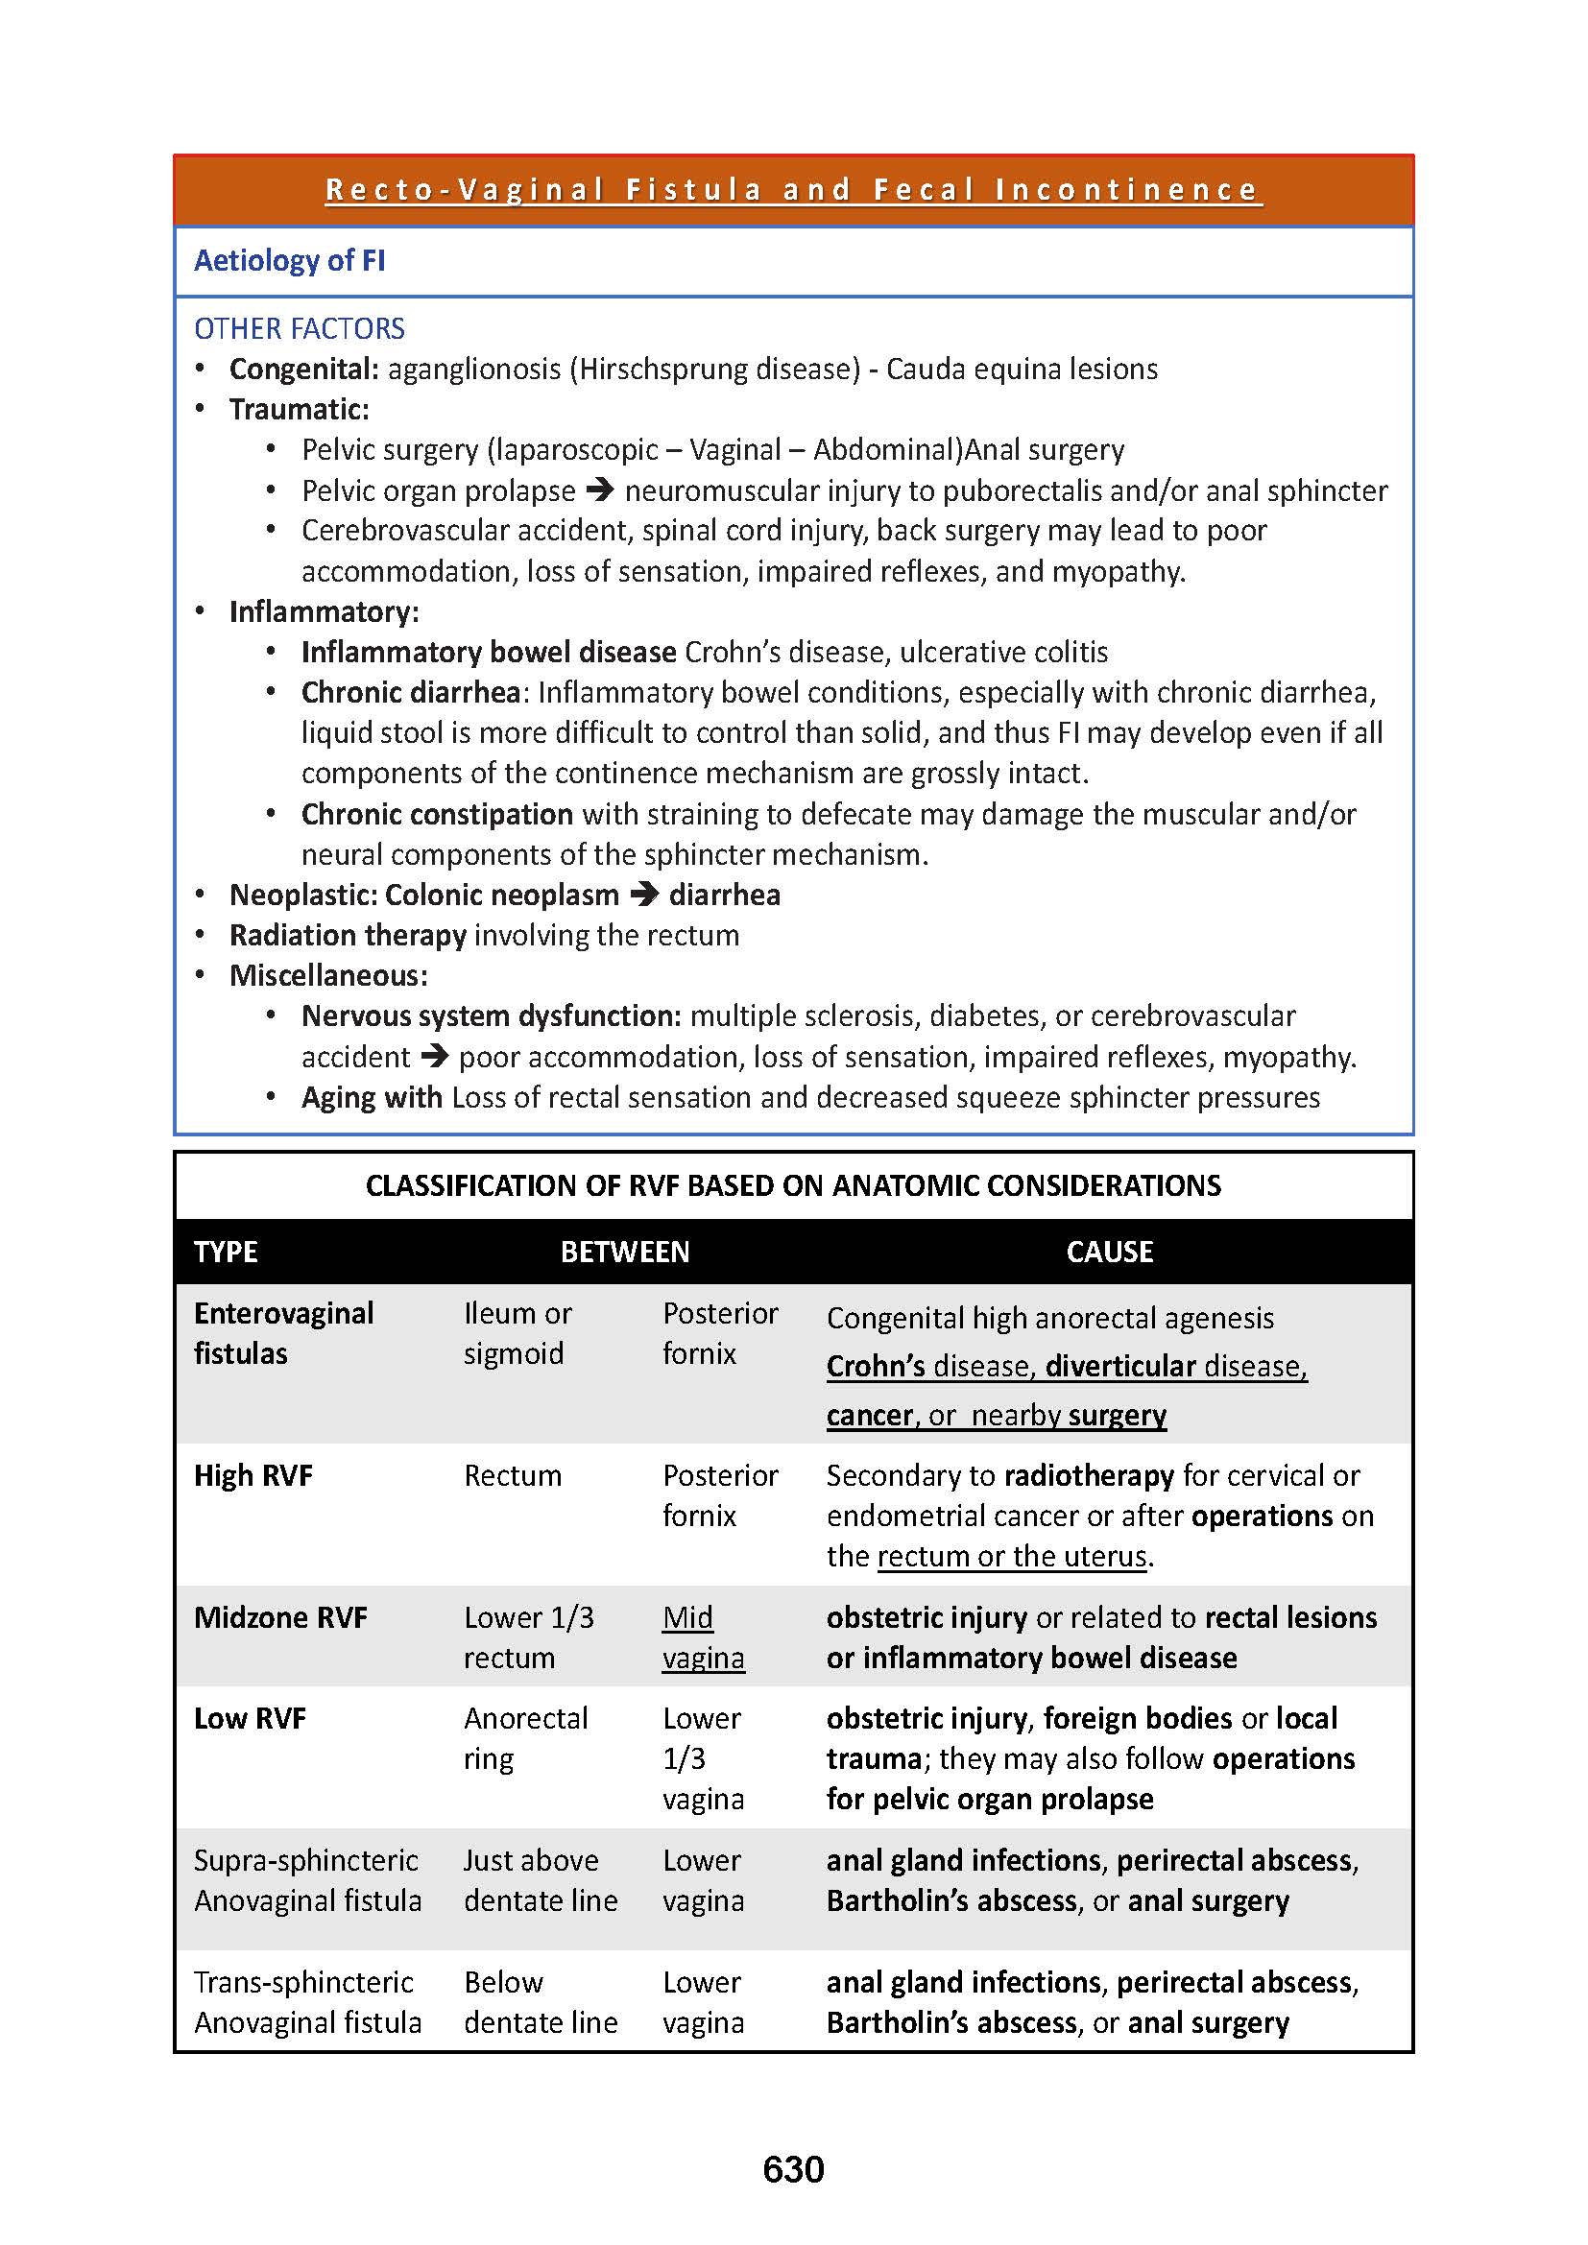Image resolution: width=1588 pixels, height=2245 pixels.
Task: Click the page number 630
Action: [x=793, y=2169]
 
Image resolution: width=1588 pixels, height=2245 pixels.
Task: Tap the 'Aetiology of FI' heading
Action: [x=289, y=260]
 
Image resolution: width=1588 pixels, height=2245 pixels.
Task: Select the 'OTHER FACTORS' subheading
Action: [x=300, y=328]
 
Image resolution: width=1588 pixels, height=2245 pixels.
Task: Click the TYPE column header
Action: [x=226, y=1252]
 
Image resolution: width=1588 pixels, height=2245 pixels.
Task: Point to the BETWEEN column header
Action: [x=625, y=1252]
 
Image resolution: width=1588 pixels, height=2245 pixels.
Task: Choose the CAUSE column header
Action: [x=1109, y=1252]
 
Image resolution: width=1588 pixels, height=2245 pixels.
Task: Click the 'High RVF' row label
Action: [x=253, y=1475]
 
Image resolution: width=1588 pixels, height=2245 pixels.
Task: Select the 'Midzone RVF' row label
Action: [x=280, y=1617]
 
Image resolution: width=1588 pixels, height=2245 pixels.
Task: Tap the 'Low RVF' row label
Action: [x=251, y=1718]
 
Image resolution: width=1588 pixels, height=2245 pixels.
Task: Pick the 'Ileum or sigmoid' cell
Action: [x=517, y=1333]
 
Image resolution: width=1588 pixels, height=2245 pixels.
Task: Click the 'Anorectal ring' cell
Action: [x=525, y=1737]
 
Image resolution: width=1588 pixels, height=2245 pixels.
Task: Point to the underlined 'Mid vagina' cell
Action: [x=702, y=1636]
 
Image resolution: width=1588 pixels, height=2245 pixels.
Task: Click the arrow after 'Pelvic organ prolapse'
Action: [x=599, y=489]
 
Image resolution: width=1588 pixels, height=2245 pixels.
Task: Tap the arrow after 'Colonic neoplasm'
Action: [x=643, y=894]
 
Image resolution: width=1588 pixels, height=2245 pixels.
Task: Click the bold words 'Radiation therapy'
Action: [x=349, y=935]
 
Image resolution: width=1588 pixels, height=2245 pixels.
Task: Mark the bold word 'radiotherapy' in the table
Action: [x=1089, y=1475]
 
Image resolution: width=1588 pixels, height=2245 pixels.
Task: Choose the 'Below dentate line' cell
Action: [x=540, y=2001]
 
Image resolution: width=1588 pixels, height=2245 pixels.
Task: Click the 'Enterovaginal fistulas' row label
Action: [x=283, y=1333]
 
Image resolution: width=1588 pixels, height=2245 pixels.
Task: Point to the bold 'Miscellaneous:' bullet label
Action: [x=328, y=975]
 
